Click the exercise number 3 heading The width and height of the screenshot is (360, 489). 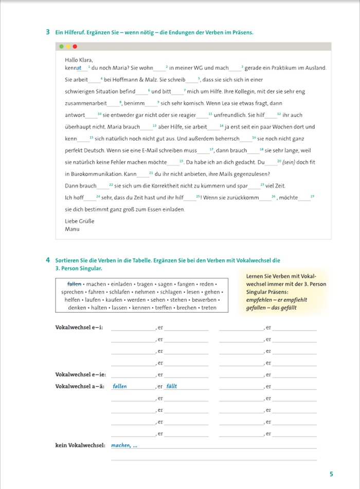[x=48, y=32]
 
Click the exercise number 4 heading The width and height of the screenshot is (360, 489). [x=48, y=261]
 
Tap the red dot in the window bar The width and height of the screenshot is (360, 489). [x=75, y=46]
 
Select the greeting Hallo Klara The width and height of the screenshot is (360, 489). [x=79, y=60]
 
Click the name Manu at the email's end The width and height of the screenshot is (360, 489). [x=72, y=229]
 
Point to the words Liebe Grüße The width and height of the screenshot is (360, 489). [x=79, y=221]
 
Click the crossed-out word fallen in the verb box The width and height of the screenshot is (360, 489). [x=75, y=284]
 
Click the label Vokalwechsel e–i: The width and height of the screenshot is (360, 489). [x=79, y=328]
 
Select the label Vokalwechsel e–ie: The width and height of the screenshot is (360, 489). [x=80, y=374]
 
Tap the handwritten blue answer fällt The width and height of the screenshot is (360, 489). [x=171, y=386]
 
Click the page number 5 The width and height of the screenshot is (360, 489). [x=331, y=474]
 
